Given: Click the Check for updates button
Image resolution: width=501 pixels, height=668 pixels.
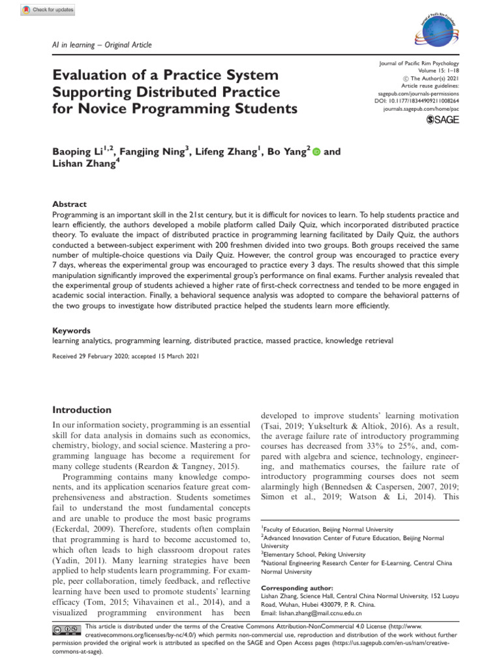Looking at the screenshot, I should click(x=48, y=10).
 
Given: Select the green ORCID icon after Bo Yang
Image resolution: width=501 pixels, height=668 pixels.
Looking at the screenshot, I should click(x=316, y=152).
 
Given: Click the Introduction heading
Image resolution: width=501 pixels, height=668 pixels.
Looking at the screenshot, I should click(x=82, y=410).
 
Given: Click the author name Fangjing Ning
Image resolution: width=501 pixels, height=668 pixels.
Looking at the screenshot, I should click(x=156, y=152).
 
